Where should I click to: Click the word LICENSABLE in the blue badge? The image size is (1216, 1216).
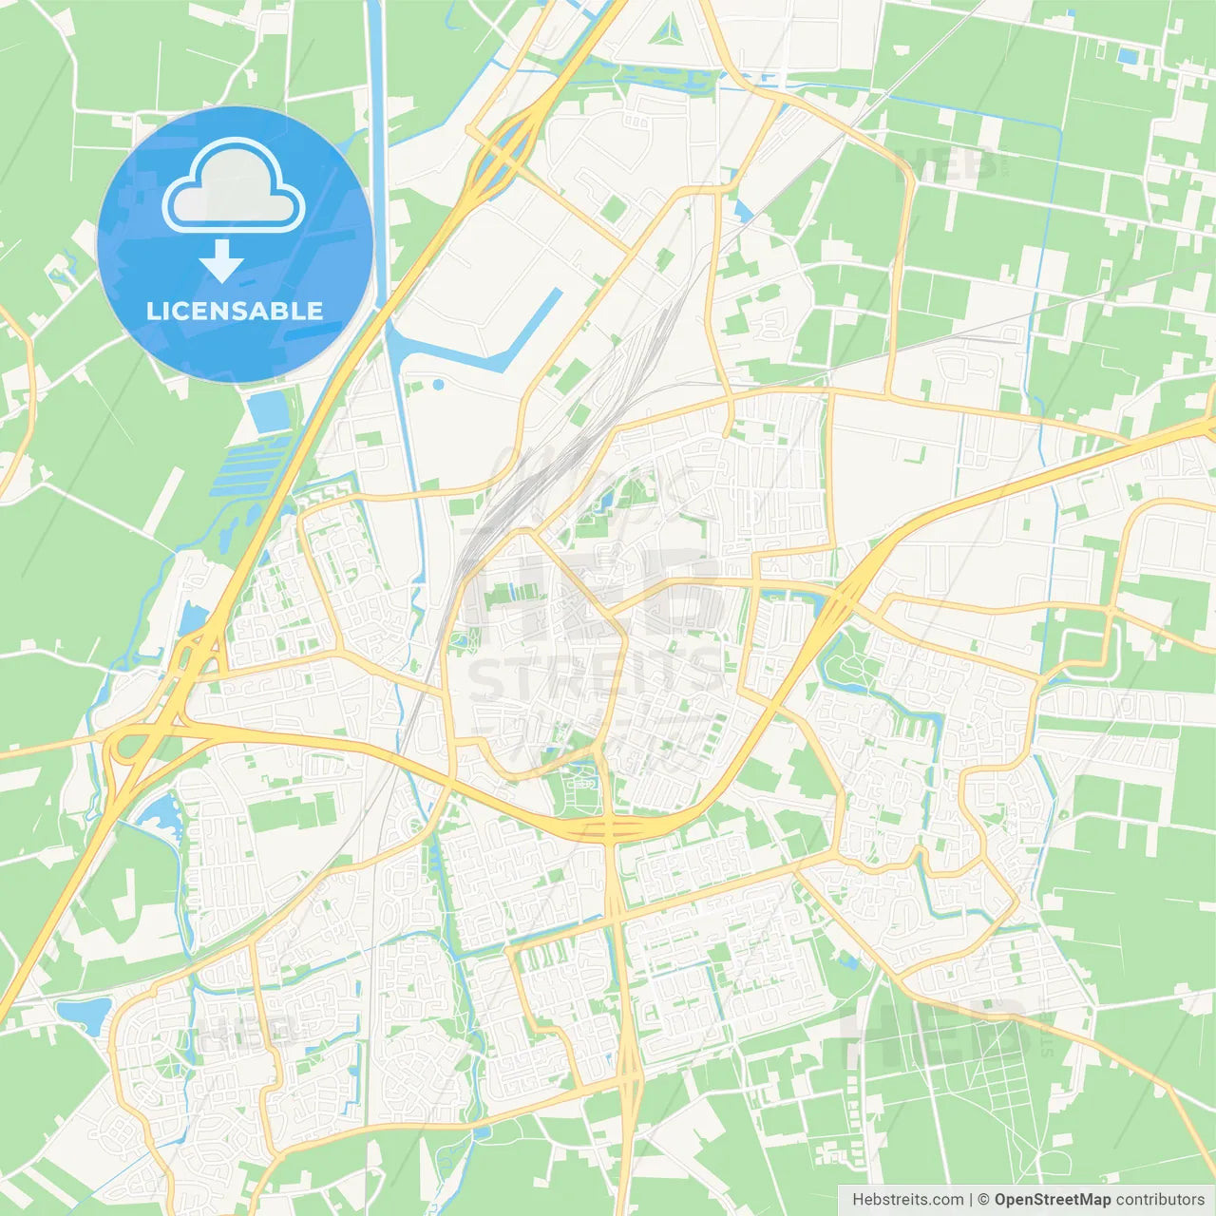pos(234,311)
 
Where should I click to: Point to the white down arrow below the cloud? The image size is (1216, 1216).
pos(221,261)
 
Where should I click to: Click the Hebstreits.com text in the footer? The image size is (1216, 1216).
pos(907,1200)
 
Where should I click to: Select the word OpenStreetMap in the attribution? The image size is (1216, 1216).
pos(1052,1200)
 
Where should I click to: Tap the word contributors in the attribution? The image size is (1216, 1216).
pos(1160,1200)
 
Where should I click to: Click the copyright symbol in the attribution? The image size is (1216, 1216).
pos(984,1200)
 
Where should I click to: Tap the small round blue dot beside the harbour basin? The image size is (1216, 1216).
pos(438,385)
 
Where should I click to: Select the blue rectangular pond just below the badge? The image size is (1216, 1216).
pos(268,411)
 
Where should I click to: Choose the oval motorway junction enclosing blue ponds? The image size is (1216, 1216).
pos(503,152)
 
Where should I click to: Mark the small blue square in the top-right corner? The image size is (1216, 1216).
pos(1128,56)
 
